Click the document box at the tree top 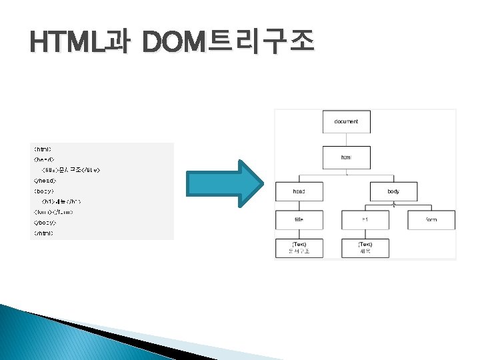click(x=346, y=122)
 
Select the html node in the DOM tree click(x=346, y=158)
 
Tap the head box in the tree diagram click(x=299, y=191)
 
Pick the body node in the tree click(x=393, y=191)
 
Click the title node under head click(x=299, y=220)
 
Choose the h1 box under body click(x=365, y=220)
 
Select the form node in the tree click(x=431, y=220)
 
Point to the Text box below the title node click(x=299, y=249)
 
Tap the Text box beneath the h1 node click(x=365, y=249)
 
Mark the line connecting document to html click(x=346, y=140)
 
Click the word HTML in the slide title click(x=67, y=44)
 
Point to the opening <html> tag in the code click(x=43, y=149)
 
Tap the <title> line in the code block click(x=71, y=170)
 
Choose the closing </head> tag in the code click(x=45, y=181)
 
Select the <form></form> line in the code click(x=53, y=212)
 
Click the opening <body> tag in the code click(x=43, y=191)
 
